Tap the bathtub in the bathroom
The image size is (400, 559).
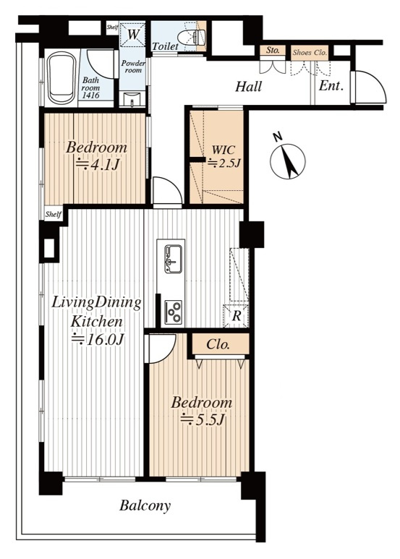(62, 78)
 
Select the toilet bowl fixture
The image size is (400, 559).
(191, 38)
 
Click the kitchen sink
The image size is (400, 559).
(173, 259)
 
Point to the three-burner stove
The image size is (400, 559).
(174, 312)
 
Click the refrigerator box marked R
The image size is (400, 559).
(236, 316)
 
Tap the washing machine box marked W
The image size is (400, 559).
(132, 35)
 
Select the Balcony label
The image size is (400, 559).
(145, 505)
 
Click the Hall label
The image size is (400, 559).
(249, 86)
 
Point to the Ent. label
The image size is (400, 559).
(331, 85)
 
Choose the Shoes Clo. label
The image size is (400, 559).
(310, 52)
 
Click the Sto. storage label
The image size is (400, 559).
(273, 51)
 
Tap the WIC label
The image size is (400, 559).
(224, 150)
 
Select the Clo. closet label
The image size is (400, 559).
(218, 344)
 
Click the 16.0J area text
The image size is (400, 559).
(98, 339)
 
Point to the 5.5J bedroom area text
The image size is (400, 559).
(202, 419)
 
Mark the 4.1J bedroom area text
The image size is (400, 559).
(98, 164)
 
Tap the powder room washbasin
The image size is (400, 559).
(132, 100)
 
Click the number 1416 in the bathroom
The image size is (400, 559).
(90, 95)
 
